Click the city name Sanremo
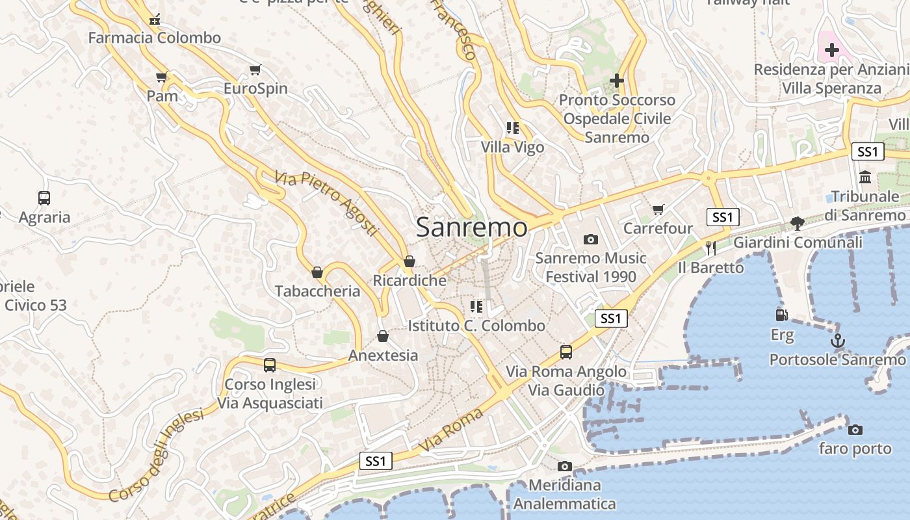click(471, 227)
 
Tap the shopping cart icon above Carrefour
click(658, 209)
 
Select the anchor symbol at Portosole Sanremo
click(838, 341)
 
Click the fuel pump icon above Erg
click(782, 315)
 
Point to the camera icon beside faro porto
click(855, 430)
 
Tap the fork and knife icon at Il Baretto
click(710, 248)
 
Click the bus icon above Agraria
click(44, 198)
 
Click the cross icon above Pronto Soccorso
click(617, 81)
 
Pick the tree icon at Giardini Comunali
click(798, 223)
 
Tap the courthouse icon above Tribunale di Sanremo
click(865, 177)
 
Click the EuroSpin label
click(255, 88)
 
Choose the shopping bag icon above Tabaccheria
click(317, 272)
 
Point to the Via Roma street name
click(451, 430)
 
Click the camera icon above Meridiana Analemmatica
click(564, 466)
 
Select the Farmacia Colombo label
click(155, 38)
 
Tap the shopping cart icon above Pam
click(162, 77)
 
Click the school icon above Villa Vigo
click(513, 128)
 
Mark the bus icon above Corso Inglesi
click(270, 365)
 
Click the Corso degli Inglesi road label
click(156, 454)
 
